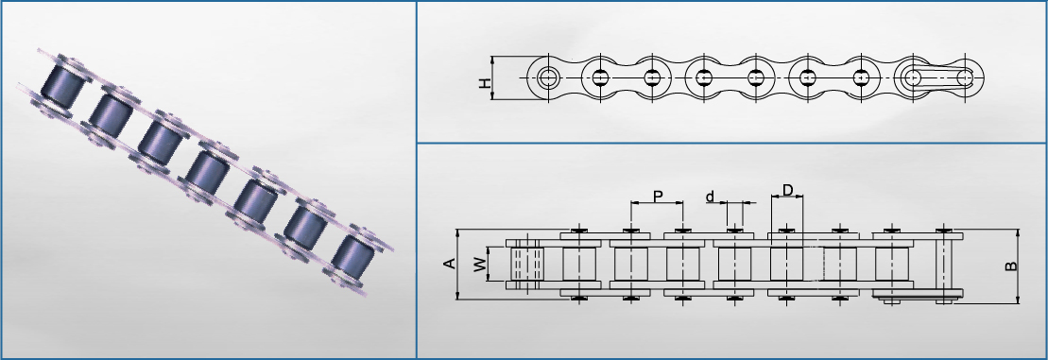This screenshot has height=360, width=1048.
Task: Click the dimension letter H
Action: point(485,83)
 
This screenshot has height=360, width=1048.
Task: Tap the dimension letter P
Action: point(658,196)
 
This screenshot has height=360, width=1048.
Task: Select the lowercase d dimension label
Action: point(710,196)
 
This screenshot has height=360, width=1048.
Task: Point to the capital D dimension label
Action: point(787,190)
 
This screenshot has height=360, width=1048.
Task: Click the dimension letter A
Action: point(450,264)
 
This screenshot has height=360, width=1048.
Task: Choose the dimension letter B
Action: point(1011,266)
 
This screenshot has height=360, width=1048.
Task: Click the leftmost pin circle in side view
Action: point(549,77)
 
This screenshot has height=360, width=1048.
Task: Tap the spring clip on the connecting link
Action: point(935,77)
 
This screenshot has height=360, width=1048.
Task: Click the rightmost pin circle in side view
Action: point(965,77)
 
